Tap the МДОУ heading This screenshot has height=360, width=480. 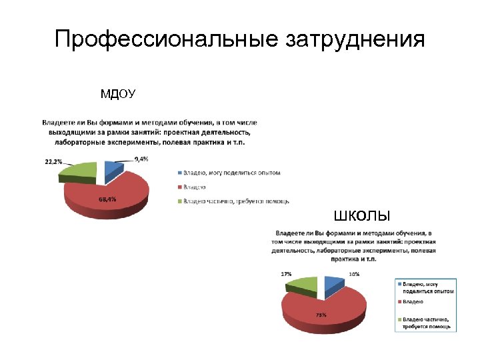click(x=117, y=94)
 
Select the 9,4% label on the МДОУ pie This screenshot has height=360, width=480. click(x=141, y=159)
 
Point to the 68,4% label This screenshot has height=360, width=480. click(x=107, y=199)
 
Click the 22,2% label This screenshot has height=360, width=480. click(x=54, y=161)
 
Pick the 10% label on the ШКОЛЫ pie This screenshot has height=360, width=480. click(x=354, y=274)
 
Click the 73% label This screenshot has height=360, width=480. click(x=321, y=315)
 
